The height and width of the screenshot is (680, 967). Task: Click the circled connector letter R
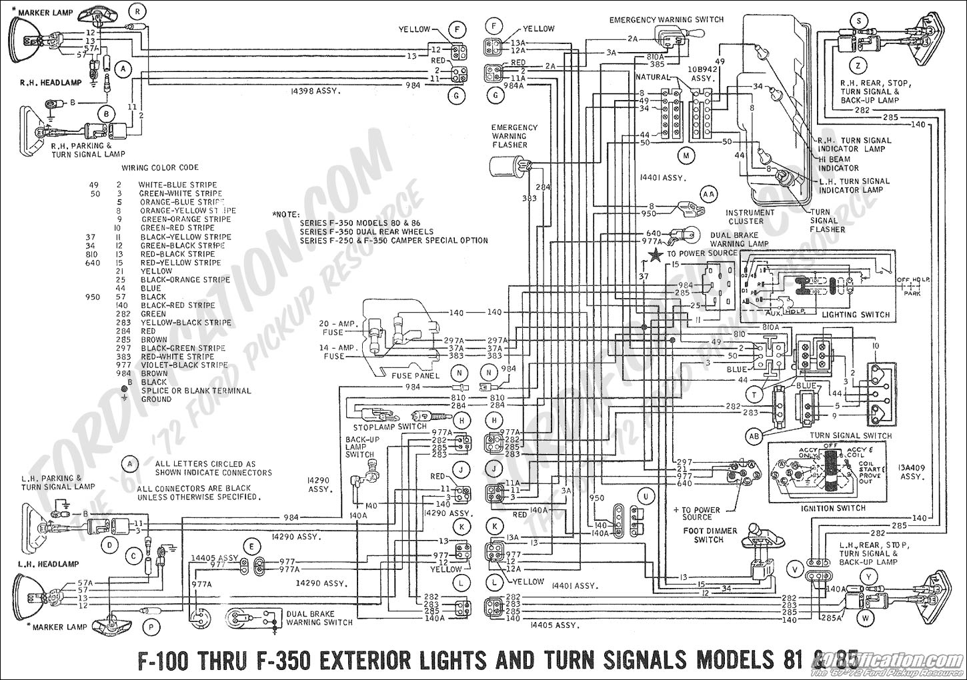pyautogui.click(x=137, y=11)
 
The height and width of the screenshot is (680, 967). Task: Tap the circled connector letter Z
pyautogui.click(x=858, y=65)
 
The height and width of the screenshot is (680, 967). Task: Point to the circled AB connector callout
pyautogui.click(x=754, y=436)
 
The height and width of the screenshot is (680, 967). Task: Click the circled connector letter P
pyautogui.click(x=151, y=627)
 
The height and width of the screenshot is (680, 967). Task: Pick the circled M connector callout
pyautogui.click(x=685, y=156)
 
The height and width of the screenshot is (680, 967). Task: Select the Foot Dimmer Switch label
pyautogui.click(x=710, y=535)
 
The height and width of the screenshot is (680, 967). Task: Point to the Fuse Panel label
pyautogui.click(x=415, y=375)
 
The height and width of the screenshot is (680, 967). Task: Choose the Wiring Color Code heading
pyautogui.click(x=160, y=167)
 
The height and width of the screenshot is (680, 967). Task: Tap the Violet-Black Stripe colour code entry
pyautogui.click(x=184, y=365)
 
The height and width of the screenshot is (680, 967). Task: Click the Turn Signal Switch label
pyautogui.click(x=850, y=435)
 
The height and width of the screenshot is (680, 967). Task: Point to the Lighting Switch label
pyautogui.click(x=856, y=315)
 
